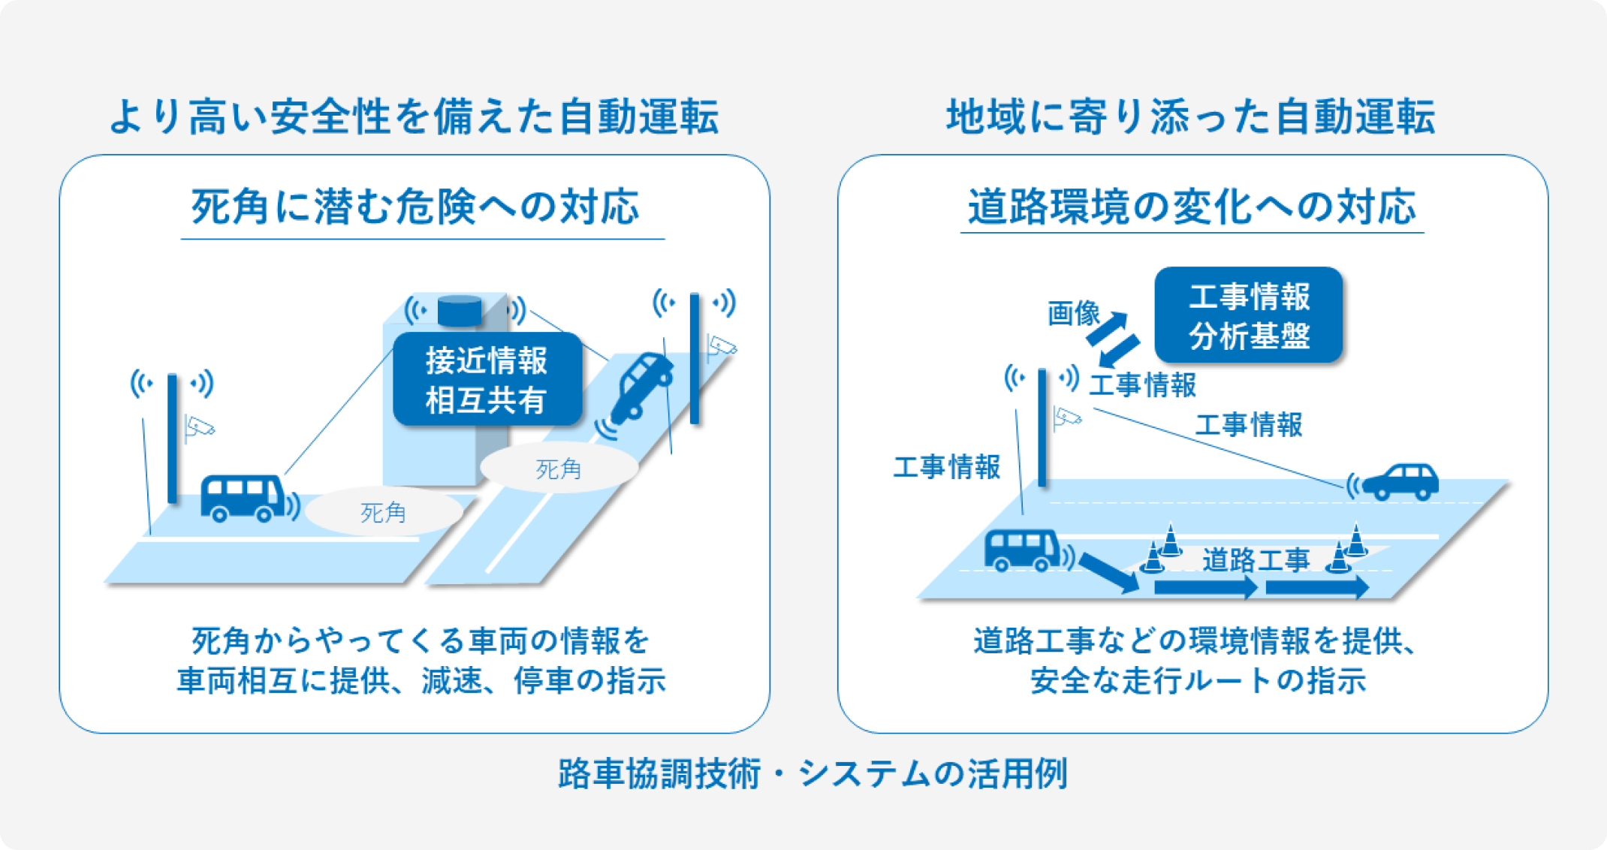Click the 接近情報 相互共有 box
pos(487,380)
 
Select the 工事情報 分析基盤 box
pos(1248,315)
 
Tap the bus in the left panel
pos(243,498)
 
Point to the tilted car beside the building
pos(642,386)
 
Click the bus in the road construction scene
pos(1024,551)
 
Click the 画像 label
pos(1074,313)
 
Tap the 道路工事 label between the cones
pos(1256,560)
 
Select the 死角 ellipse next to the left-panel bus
pos(383,513)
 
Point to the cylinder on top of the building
pos(460,310)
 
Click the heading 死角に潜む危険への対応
pos(415,206)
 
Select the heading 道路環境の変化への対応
pos(1192,206)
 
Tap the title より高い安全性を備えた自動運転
pos(414,117)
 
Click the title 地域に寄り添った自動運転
pos(1191,117)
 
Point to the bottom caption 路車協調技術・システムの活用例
pos(813,774)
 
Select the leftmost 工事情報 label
pos(946,467)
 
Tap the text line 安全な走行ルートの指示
pos(1198,680)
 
